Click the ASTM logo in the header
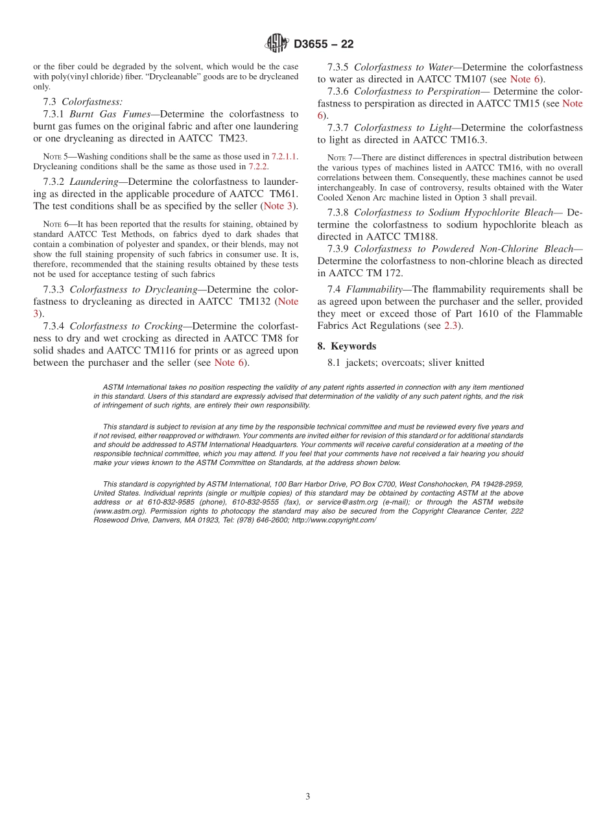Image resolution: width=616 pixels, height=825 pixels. (277, 44)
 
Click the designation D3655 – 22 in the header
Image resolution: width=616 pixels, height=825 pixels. (324, 44)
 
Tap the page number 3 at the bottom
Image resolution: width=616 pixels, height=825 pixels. (308, 796)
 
